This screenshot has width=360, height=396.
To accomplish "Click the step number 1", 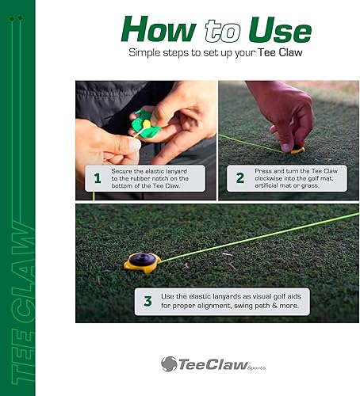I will pos(97,179).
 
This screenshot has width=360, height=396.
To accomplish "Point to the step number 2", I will pos(239,178).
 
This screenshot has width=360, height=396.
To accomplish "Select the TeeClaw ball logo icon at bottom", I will pos(169,364).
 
